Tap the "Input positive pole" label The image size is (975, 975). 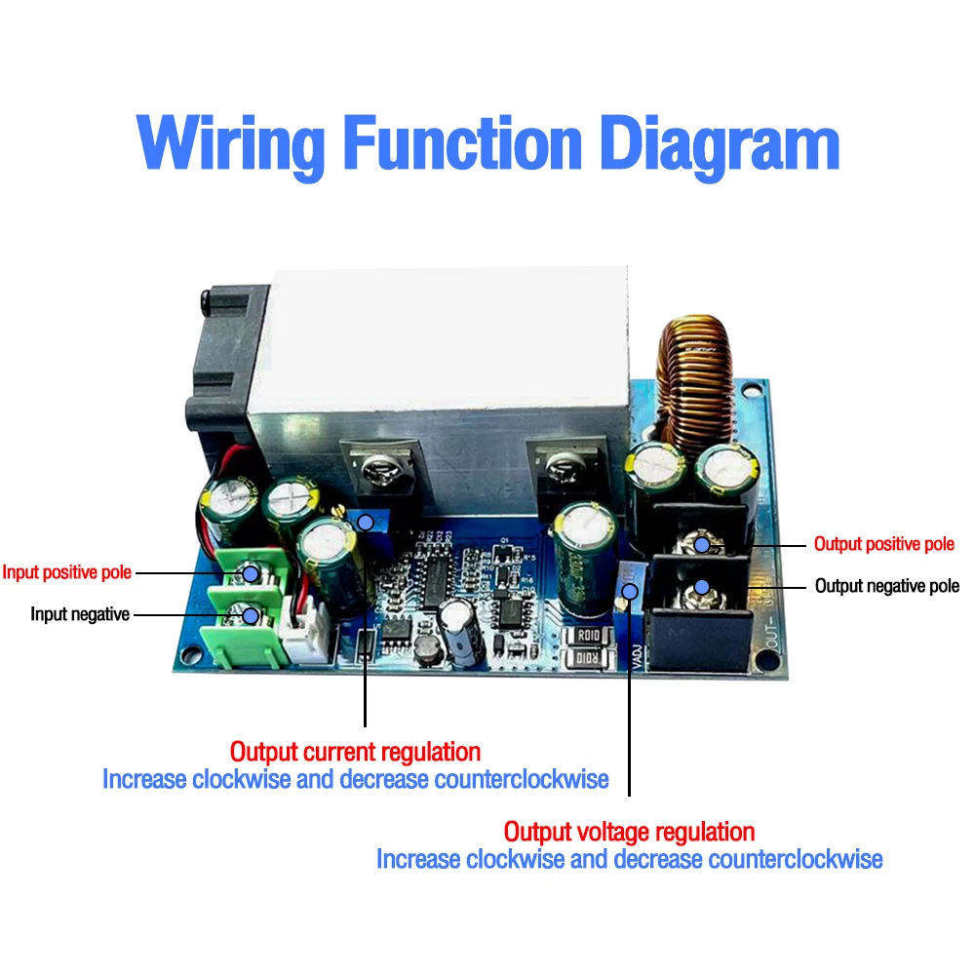point(66,572)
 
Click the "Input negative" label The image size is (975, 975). point(80,614)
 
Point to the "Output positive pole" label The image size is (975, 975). point(884,544)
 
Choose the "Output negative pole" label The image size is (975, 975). point(886,586)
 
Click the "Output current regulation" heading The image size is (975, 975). point(355,752)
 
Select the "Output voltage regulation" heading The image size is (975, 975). point(629,832)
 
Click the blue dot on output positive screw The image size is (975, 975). point(701,544)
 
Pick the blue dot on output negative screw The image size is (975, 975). point(701,587)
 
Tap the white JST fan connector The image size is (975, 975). point(309,635)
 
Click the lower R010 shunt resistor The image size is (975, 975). point(589,661)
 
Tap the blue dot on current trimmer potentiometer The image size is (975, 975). point(365,523)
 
